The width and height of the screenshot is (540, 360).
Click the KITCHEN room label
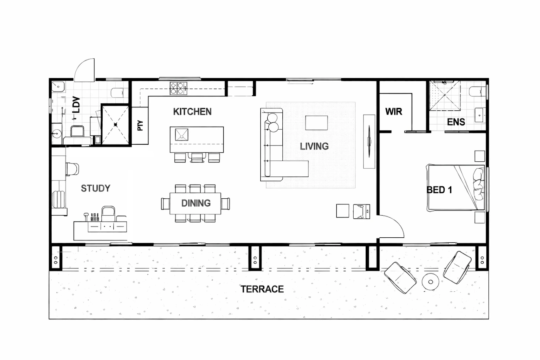pos(192,112)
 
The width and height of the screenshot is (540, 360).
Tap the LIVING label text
pos(314,146)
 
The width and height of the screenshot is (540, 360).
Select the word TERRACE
pos(262,289)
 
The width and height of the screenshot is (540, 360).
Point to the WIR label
pos(394,112)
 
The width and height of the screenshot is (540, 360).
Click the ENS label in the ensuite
pos(456,122)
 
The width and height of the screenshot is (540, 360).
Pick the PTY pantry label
pos(140,125)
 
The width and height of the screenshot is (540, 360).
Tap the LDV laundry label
pos(76,105)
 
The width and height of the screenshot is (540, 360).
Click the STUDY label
pos(96,188)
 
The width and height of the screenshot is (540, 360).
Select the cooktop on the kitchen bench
pos(178,88)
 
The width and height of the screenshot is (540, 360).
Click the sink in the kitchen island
pos(182,135)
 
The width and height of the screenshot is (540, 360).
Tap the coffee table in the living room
pos(316,123)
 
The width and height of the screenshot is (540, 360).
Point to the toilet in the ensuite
pos(477,91)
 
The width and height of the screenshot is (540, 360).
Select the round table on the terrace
pos(430,282)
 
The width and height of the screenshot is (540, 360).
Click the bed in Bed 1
pos(456,188)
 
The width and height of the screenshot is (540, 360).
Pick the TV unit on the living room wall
pos(369,142)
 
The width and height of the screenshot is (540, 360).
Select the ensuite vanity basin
pos(480,115)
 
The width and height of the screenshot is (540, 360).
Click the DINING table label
pos(196,203)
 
